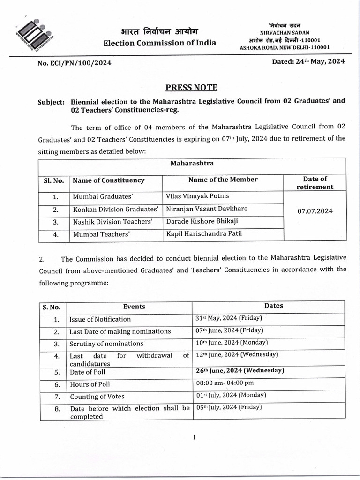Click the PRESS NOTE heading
pyautogui.click(x=191, y=88)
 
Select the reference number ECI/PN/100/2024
pyautogui.click(x=75, y=63)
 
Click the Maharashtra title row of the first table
pyautogui.click(x=192, y=164)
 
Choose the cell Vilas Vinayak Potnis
pyautogui.click(x=197, y=196)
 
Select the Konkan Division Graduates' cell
pyautogui.click(x=115, y=209)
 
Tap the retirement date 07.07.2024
pyautogui.click(x=315, y=211)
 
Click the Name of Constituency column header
pyautogui.click(x=108, y=180)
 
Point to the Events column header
pyautogui.click(x=134, y=307)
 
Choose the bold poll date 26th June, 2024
pyautogui.click(x=240, y=370)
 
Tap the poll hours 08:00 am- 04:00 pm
pyautogui.click(x=225, y=383)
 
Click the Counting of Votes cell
pyautogui.click(x=97, y=396)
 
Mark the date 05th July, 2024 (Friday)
pyautogui.click(x=229, y=407)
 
